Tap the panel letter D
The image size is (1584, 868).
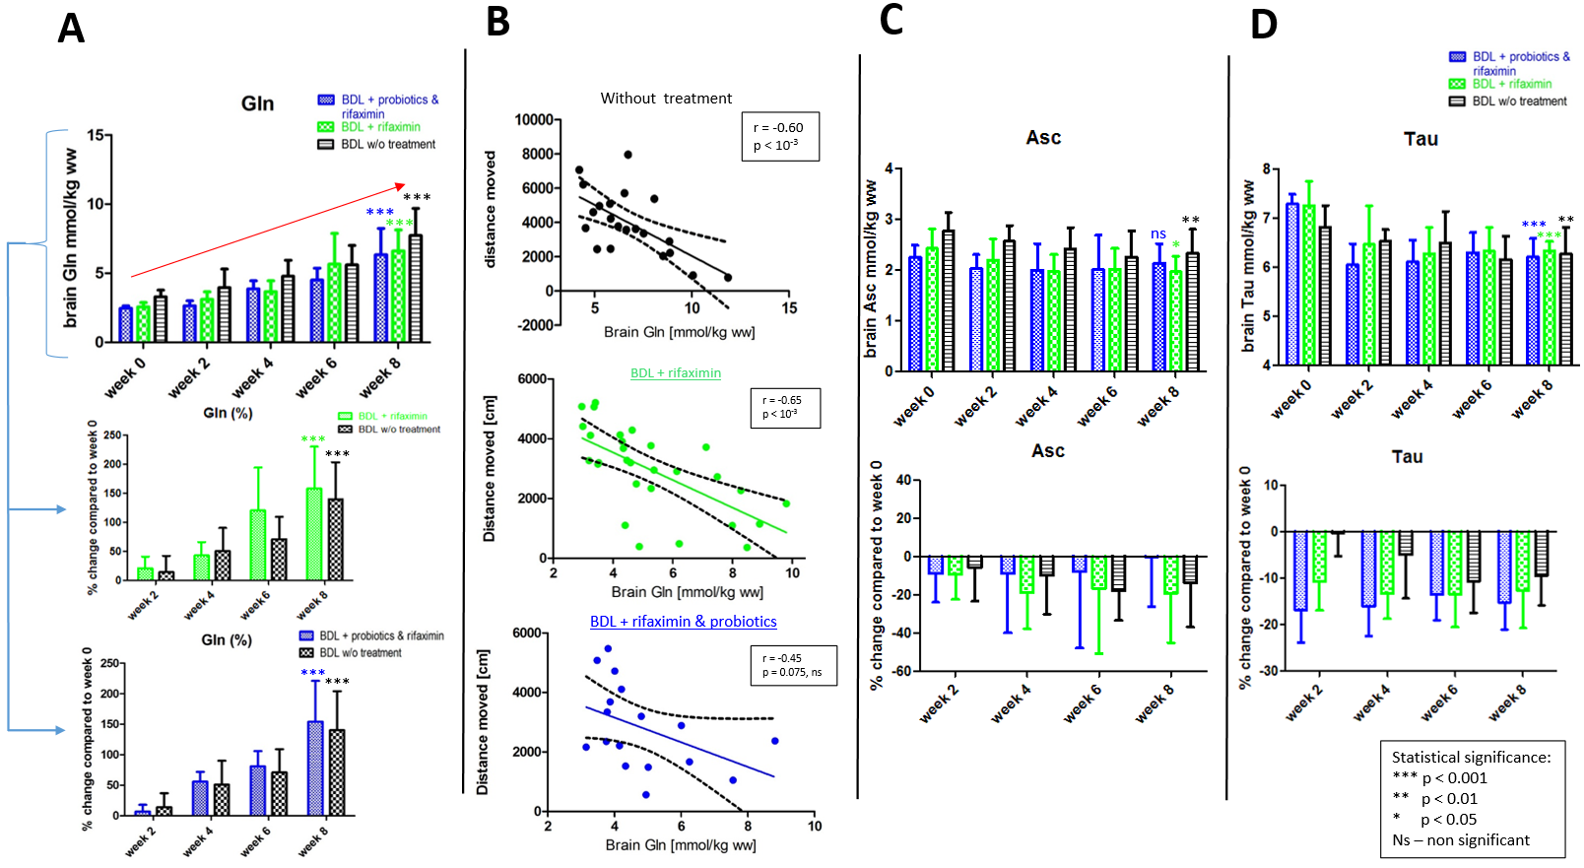1264,25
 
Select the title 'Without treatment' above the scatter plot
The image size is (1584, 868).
666,99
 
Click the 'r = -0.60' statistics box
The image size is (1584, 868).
778,136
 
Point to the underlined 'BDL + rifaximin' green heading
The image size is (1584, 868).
676,373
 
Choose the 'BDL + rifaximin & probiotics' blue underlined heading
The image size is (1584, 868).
683,622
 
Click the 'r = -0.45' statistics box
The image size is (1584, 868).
792,665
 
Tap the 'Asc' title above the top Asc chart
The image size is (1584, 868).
1043,138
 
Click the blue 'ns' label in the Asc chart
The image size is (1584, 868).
1158,234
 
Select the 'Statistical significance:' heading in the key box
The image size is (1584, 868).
1471,757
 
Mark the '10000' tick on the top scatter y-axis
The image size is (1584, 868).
534,120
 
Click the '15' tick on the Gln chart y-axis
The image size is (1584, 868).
95,135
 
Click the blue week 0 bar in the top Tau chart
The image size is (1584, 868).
1292,284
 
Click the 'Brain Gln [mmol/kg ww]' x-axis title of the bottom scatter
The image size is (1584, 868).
681,845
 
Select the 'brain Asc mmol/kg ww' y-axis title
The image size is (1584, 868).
870,268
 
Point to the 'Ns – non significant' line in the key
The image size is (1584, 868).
1461,840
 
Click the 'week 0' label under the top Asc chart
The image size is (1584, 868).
913,406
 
